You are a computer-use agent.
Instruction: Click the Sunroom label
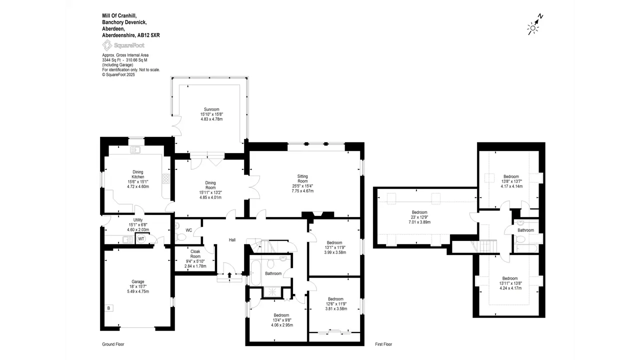coord(211,109)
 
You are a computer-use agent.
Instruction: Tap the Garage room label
coord(137,281)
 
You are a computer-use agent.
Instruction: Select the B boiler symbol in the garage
coord(108,308)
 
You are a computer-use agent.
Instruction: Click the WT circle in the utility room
coord(141,239)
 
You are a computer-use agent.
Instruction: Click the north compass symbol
coord(534,25)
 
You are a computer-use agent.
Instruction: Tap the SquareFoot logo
coord(123,45)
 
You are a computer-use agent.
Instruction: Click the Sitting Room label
coord(302,178)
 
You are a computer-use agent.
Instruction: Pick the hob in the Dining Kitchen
coord(166,178)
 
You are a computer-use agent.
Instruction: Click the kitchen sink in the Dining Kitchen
coord(135,149)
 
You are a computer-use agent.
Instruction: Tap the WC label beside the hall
coord(189,230)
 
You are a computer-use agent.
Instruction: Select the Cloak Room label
coord(195,254)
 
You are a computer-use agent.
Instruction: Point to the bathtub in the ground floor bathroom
coord(255,273)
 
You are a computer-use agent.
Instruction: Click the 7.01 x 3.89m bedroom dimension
coord(419,222)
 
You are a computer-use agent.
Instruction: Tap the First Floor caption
coord(383,344)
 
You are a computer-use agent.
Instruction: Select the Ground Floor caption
coord(113,344)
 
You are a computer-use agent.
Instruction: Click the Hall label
coord(232,240)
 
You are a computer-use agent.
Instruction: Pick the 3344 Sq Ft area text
coord(111,60)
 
